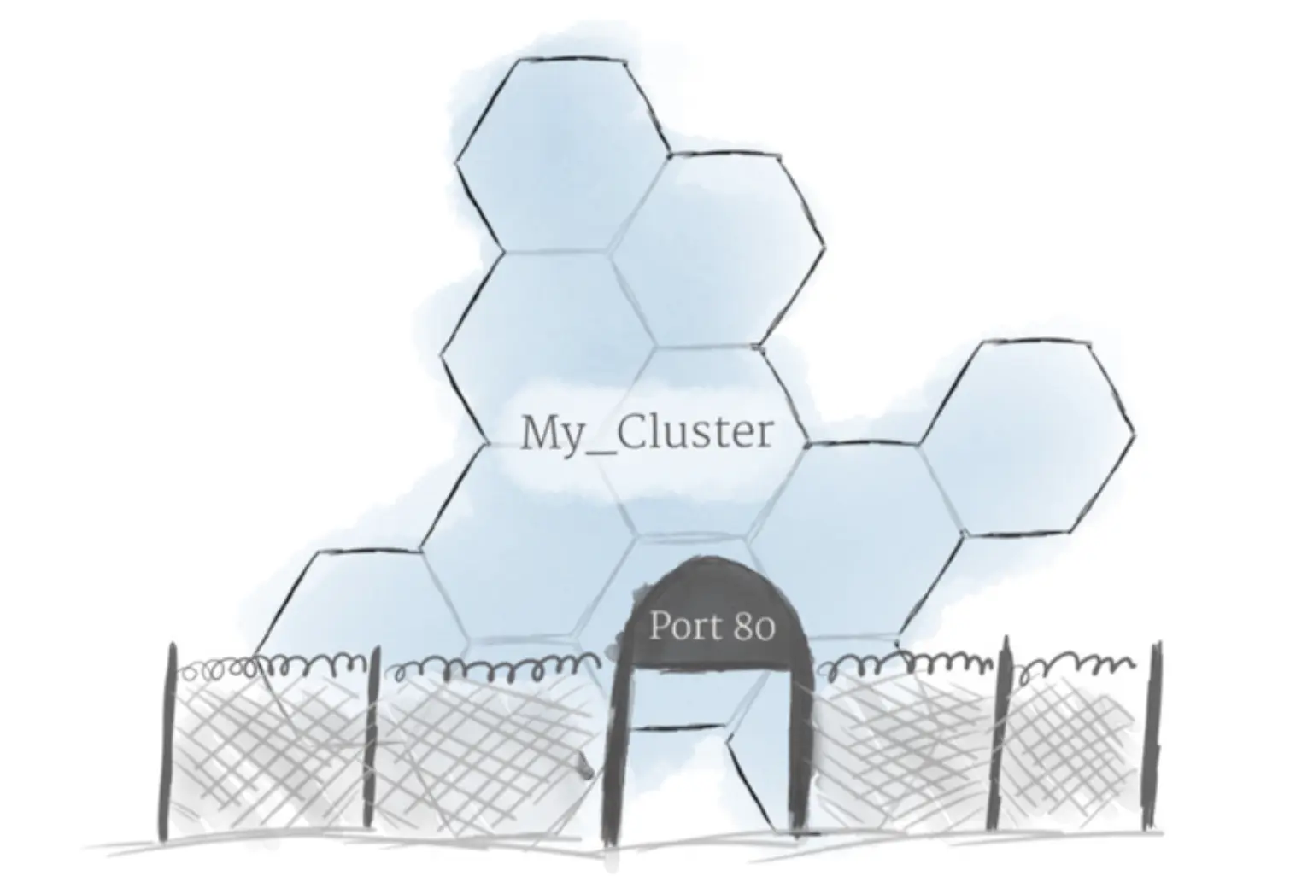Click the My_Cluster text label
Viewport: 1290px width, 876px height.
click(x=646, y=433)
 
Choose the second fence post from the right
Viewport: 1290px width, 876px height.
click(x=1001, y=734)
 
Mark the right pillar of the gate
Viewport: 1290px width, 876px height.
click(x=801, y=743)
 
